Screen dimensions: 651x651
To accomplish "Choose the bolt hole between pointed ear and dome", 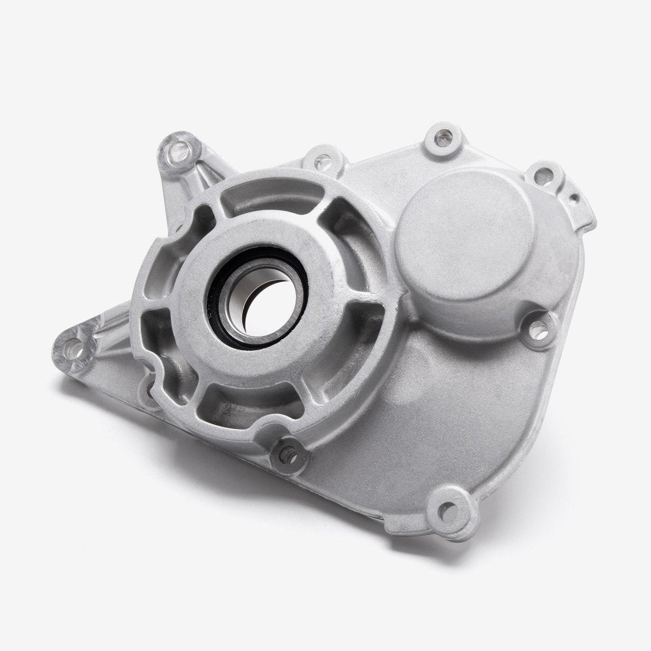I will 320,156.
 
